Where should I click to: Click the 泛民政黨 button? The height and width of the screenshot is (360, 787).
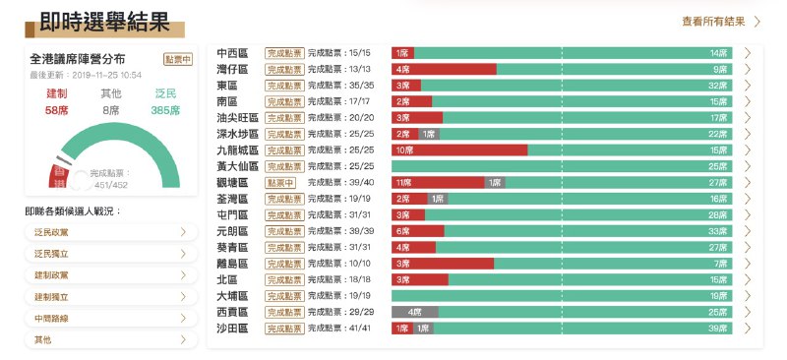[105, 232]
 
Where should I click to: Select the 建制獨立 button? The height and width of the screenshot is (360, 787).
[105, 296]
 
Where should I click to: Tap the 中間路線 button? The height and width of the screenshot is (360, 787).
[105, 318]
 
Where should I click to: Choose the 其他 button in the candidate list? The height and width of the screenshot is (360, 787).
[105, 339]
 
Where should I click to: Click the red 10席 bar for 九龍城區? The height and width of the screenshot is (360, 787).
[458, 150]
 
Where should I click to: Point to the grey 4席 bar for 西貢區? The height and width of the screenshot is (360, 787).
[414, 312]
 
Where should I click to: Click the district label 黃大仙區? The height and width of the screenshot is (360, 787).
[237, 166]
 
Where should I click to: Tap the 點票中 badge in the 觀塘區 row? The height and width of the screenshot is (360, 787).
[281, 183]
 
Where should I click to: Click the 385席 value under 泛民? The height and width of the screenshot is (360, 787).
[166, 111]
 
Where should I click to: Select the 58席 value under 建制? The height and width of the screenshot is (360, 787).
[57, 111]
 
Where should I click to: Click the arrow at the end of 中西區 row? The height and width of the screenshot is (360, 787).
[748, 53]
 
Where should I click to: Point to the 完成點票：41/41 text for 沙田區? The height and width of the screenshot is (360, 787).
[340, 329]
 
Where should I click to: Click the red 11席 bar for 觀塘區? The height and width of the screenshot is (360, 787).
[438, 183]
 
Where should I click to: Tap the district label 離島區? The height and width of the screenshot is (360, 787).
[237, 264]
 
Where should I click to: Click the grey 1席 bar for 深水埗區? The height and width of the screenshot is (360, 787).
[429, 134]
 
